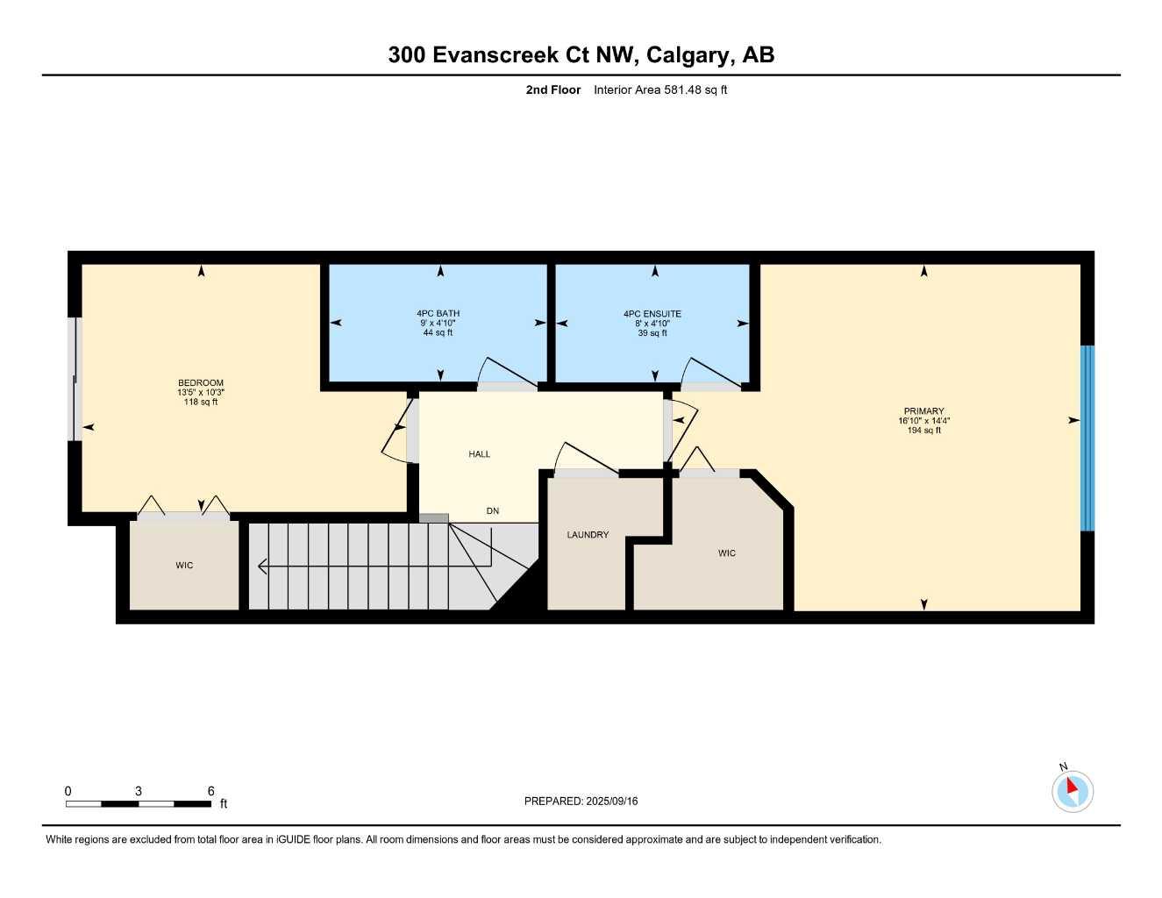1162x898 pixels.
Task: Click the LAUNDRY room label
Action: [x=588, y=535]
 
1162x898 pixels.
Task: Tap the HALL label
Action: [x=479, y=453]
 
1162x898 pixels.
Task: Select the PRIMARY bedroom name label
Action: [x=923, y=411]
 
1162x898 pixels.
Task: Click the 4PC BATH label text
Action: [x=438, y=314]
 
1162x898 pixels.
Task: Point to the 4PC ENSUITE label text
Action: [x=652, y=314]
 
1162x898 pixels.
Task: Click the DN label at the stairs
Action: [x=493, y=511]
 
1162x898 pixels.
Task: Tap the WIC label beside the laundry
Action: [x=727, y=553]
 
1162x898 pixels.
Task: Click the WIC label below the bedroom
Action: [x=184, y=565]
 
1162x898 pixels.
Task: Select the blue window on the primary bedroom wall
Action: [x=1087, y=438]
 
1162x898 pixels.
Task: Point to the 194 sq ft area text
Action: [x=923, y=431]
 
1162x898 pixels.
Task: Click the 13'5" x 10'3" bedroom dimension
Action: [x=201, y=392]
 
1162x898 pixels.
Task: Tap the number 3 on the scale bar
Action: [x=139, y=791]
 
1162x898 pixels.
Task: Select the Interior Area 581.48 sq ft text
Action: [x=660, y=89]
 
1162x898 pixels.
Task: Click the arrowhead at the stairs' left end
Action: [x=261, y=566]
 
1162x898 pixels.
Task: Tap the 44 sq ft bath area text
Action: [x=438, y=333]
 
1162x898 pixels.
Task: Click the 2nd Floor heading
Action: [x=552, y=89]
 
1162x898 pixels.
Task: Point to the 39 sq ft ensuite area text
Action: [x=652, y=333]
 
